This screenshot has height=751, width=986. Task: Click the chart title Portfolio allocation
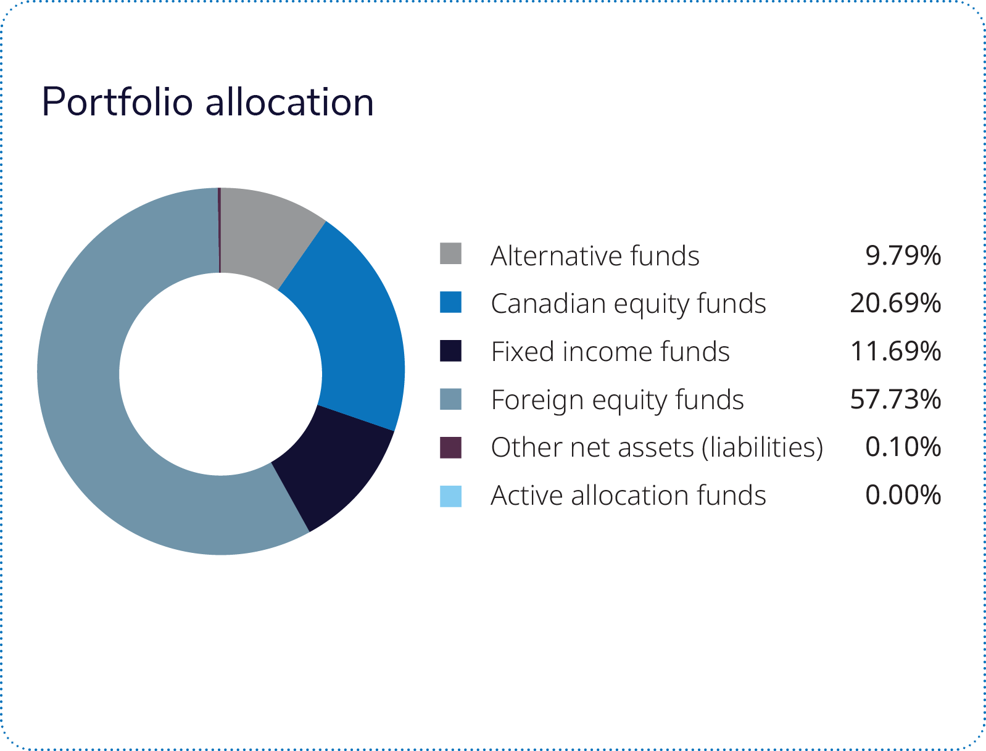pyautogui.click(x=207, y=102)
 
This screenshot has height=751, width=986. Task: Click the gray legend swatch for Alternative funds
pyautogui.click(x=450, y=254)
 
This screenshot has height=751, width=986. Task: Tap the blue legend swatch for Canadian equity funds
pyautogui.click(x=450, y=302)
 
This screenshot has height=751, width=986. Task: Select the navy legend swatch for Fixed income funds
pyautogui.click(x=450, y=351)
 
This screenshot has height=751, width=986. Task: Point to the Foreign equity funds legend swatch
pyautogui.click(x=450, y=399)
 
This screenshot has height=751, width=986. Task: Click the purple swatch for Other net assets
pyautogui.click(x=450, y=447)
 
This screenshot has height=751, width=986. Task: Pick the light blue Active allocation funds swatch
pyautogui.click(x=450, y=496)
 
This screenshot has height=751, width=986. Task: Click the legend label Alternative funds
pyautogui.click(x=595, y=255)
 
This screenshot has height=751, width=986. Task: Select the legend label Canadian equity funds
pyautogui.click(x=628, y=304)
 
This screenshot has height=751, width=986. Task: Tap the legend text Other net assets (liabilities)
pyautogui.click(x=657, y=448)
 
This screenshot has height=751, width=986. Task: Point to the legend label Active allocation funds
pyautogui.click(x=628, y=496)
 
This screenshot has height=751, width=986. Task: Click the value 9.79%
pyautogui.click(x=903, y=255)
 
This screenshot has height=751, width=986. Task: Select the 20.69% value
pyautogui.click(x=895, y=303)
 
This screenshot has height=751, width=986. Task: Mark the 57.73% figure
pyautogui.click(x=895, y=399)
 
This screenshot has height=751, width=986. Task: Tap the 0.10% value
pyautogui.click(x=903, y=447)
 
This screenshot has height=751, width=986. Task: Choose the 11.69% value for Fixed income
pyautogui.click(x=895, y=351)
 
